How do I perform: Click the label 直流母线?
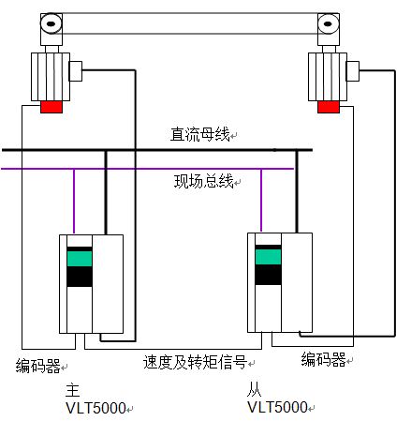click(x=199, y=134)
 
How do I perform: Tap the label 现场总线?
click(x=203, y=181)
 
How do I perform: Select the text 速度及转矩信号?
click(x=196, y=362)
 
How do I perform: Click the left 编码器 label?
click(x=38, y=366)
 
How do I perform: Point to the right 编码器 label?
click(x=324, y=359)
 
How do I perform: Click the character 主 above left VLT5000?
click(x=73, y=390)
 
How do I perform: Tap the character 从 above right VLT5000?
click(x=254, y=389)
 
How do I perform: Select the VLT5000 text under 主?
click(x=95, y=408)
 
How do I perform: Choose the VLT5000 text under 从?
click(x=277, y=407)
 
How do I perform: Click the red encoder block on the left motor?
click(x=51, y=107)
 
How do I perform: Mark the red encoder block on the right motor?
click(x=329, y=107)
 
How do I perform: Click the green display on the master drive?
click(x=80, y=259)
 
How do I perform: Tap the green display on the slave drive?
click(x=268, y=257)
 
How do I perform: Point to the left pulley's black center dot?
click(x=51, y=23)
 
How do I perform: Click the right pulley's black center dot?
click(x=328, y=23)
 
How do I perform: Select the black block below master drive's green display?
click(x=80, y=277)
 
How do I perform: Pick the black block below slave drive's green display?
click(x=268, y=275)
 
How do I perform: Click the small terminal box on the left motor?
click(x=76, y=71)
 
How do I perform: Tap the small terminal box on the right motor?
click(x=353, y=71)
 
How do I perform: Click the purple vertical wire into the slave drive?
click(x=261, y=201)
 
